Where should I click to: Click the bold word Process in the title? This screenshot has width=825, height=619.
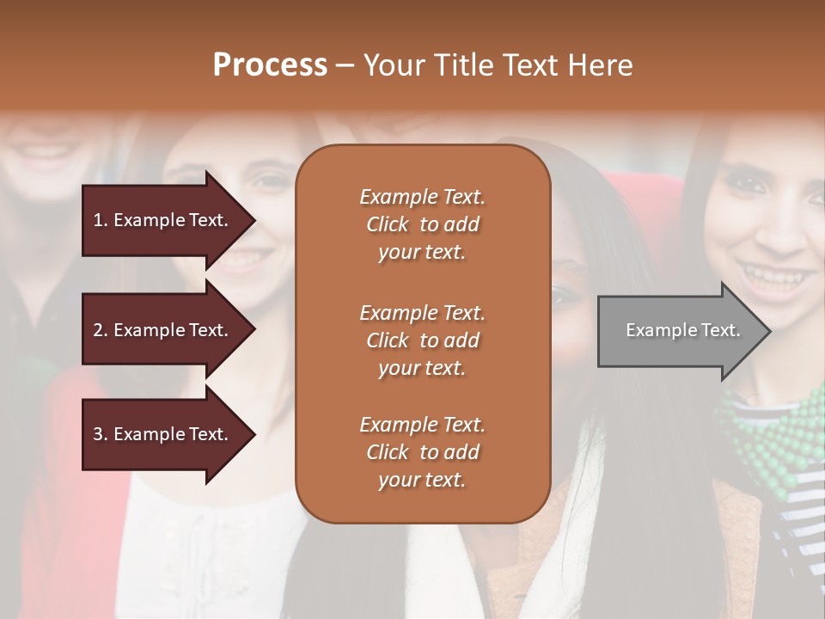tap(270, 65)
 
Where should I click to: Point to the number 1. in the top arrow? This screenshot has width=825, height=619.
tap(101, 220)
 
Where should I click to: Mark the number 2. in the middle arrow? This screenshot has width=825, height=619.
tap(101, 330)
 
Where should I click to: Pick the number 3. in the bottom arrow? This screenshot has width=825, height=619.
tap(101, 434)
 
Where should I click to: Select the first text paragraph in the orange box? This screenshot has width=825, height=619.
tap(422, 224)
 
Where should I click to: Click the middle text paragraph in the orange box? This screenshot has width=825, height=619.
tap(422, 340)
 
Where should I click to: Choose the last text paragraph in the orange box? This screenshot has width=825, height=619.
tap(422, 452)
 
